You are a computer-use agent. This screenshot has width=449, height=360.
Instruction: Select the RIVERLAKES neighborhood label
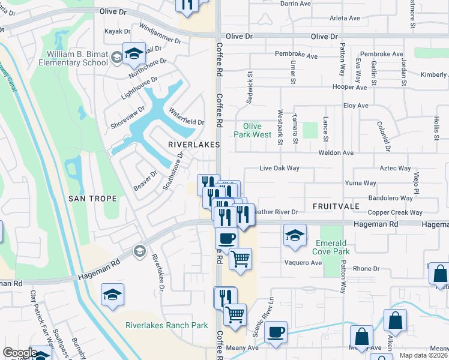(193, 145)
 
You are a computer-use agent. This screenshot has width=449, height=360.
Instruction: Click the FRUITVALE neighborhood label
(336, 206)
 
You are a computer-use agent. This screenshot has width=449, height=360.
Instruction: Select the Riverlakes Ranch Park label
(166, 326)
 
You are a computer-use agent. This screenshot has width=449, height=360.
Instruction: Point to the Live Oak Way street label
(279, 169)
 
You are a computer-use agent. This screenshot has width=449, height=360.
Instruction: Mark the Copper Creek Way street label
(395, 212)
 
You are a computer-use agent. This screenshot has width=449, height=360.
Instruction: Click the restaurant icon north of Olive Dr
(187, 5)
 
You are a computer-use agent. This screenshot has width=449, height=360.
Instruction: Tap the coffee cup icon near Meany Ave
(276, 332)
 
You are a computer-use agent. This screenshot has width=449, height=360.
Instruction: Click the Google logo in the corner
(20, 353)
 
